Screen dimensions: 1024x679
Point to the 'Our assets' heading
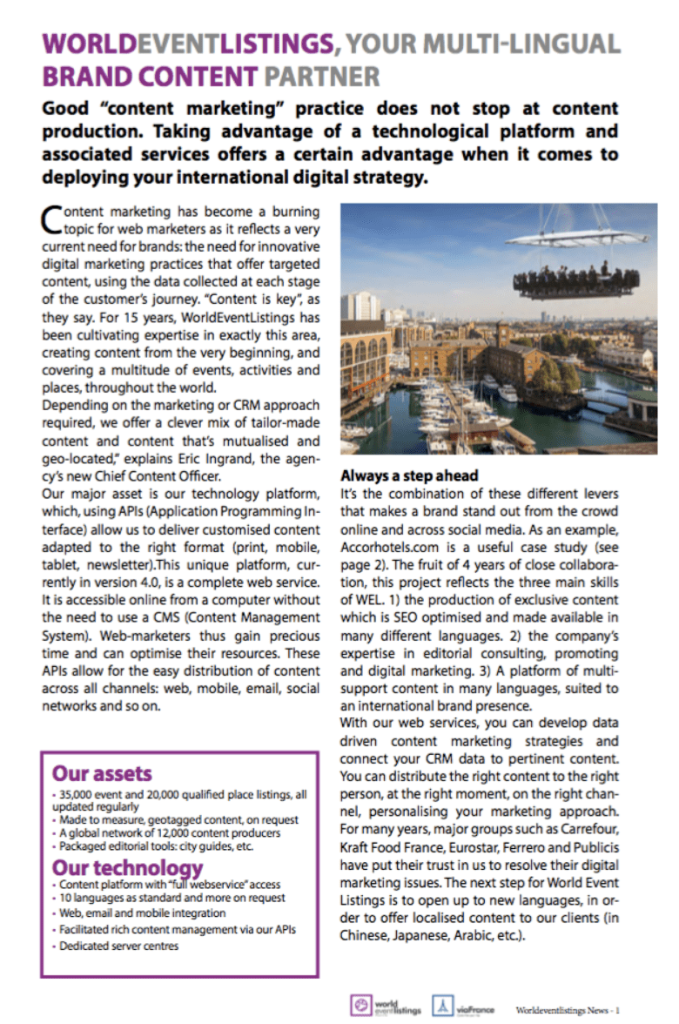[x=102, y=772]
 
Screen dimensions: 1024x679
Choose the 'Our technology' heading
[x=127, y=867]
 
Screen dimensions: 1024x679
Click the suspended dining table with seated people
[x=576, y=283]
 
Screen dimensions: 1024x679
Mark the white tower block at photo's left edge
[x=358, y=307]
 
